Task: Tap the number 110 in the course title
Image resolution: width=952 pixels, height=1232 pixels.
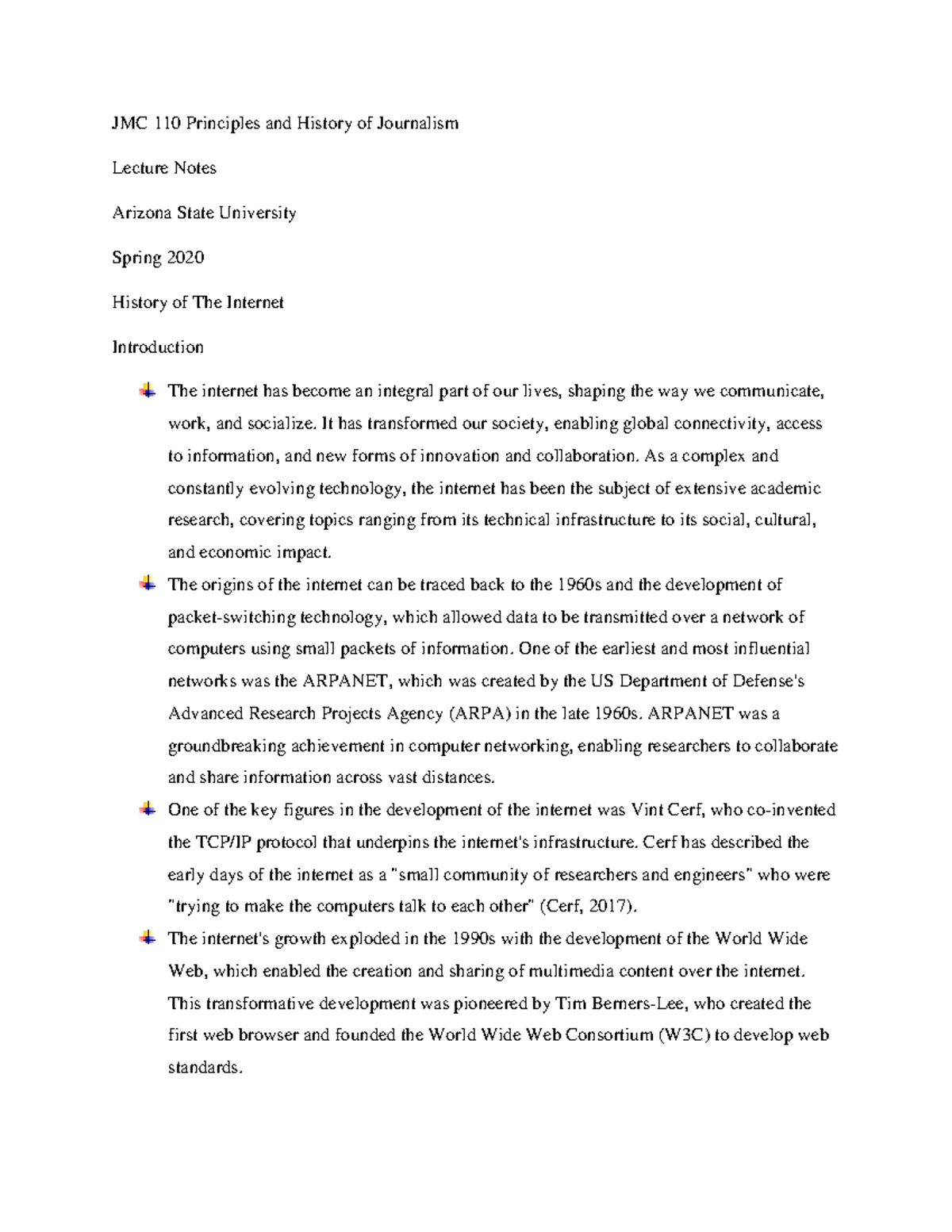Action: tap(167, 123)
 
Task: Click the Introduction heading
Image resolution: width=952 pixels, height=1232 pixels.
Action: tap(158, 347)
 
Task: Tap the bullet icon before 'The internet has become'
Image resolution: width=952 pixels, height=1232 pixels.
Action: tap(148, 390)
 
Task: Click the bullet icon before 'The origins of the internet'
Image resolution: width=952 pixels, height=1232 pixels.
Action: tap(148, 584)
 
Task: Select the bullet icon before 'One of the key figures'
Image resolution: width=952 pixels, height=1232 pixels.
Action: tap(148, 809)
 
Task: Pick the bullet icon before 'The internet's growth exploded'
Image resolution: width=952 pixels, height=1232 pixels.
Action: tap(148, 938)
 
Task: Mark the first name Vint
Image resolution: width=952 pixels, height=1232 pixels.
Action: tap(647, 810)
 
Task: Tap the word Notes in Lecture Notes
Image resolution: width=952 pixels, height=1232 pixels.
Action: tap(195, 167)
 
